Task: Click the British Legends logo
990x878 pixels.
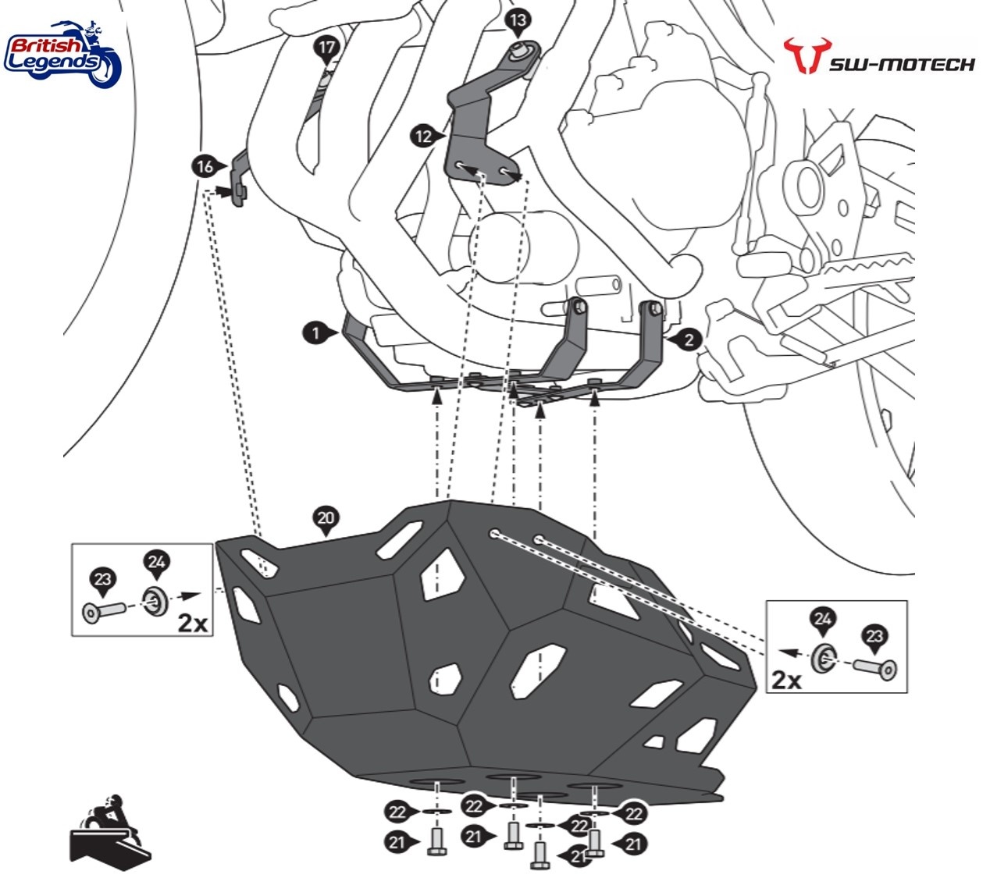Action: (x=62, y=53)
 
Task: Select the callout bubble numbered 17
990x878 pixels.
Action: (x=326, y=48)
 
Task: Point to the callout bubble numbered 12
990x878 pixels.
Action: (x=423, y=137)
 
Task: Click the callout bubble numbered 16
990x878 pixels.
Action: (x=205, y=166)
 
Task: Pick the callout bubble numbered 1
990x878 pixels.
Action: (x=315, y=333)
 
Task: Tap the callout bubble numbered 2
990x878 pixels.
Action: (x=688, y=340)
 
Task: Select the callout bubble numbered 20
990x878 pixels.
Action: (x=326, y=518)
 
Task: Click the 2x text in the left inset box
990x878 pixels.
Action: (x=192, y=622)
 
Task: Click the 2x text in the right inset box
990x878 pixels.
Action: (x=786, y=679)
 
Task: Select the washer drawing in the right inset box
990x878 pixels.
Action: (x=822, y=659)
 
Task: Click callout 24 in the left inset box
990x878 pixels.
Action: (x=156, y=562)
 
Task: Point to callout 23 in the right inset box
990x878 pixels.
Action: (x=874, y=638)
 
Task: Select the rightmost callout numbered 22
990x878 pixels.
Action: (x=634, y=814)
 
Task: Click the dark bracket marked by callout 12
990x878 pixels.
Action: (x=476, y=125)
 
